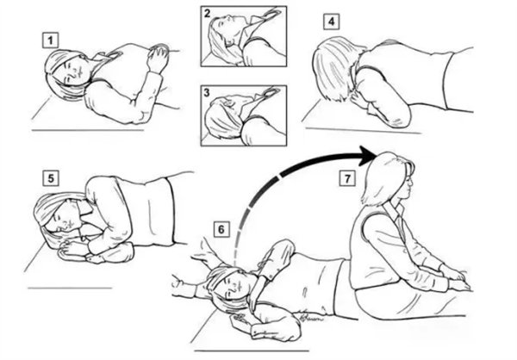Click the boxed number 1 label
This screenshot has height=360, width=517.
point(50,40)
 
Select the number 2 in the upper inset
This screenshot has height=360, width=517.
point(207,14)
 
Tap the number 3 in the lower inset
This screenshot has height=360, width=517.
point(207,93)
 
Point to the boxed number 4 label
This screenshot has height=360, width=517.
point(331,22)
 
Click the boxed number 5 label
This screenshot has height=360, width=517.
point(51,178)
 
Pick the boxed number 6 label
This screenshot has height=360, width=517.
point(221,229)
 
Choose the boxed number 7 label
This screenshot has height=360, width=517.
point(347,178)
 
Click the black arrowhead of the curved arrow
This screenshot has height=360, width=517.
point(367,156)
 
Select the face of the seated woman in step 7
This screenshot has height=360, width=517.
point(408,185)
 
